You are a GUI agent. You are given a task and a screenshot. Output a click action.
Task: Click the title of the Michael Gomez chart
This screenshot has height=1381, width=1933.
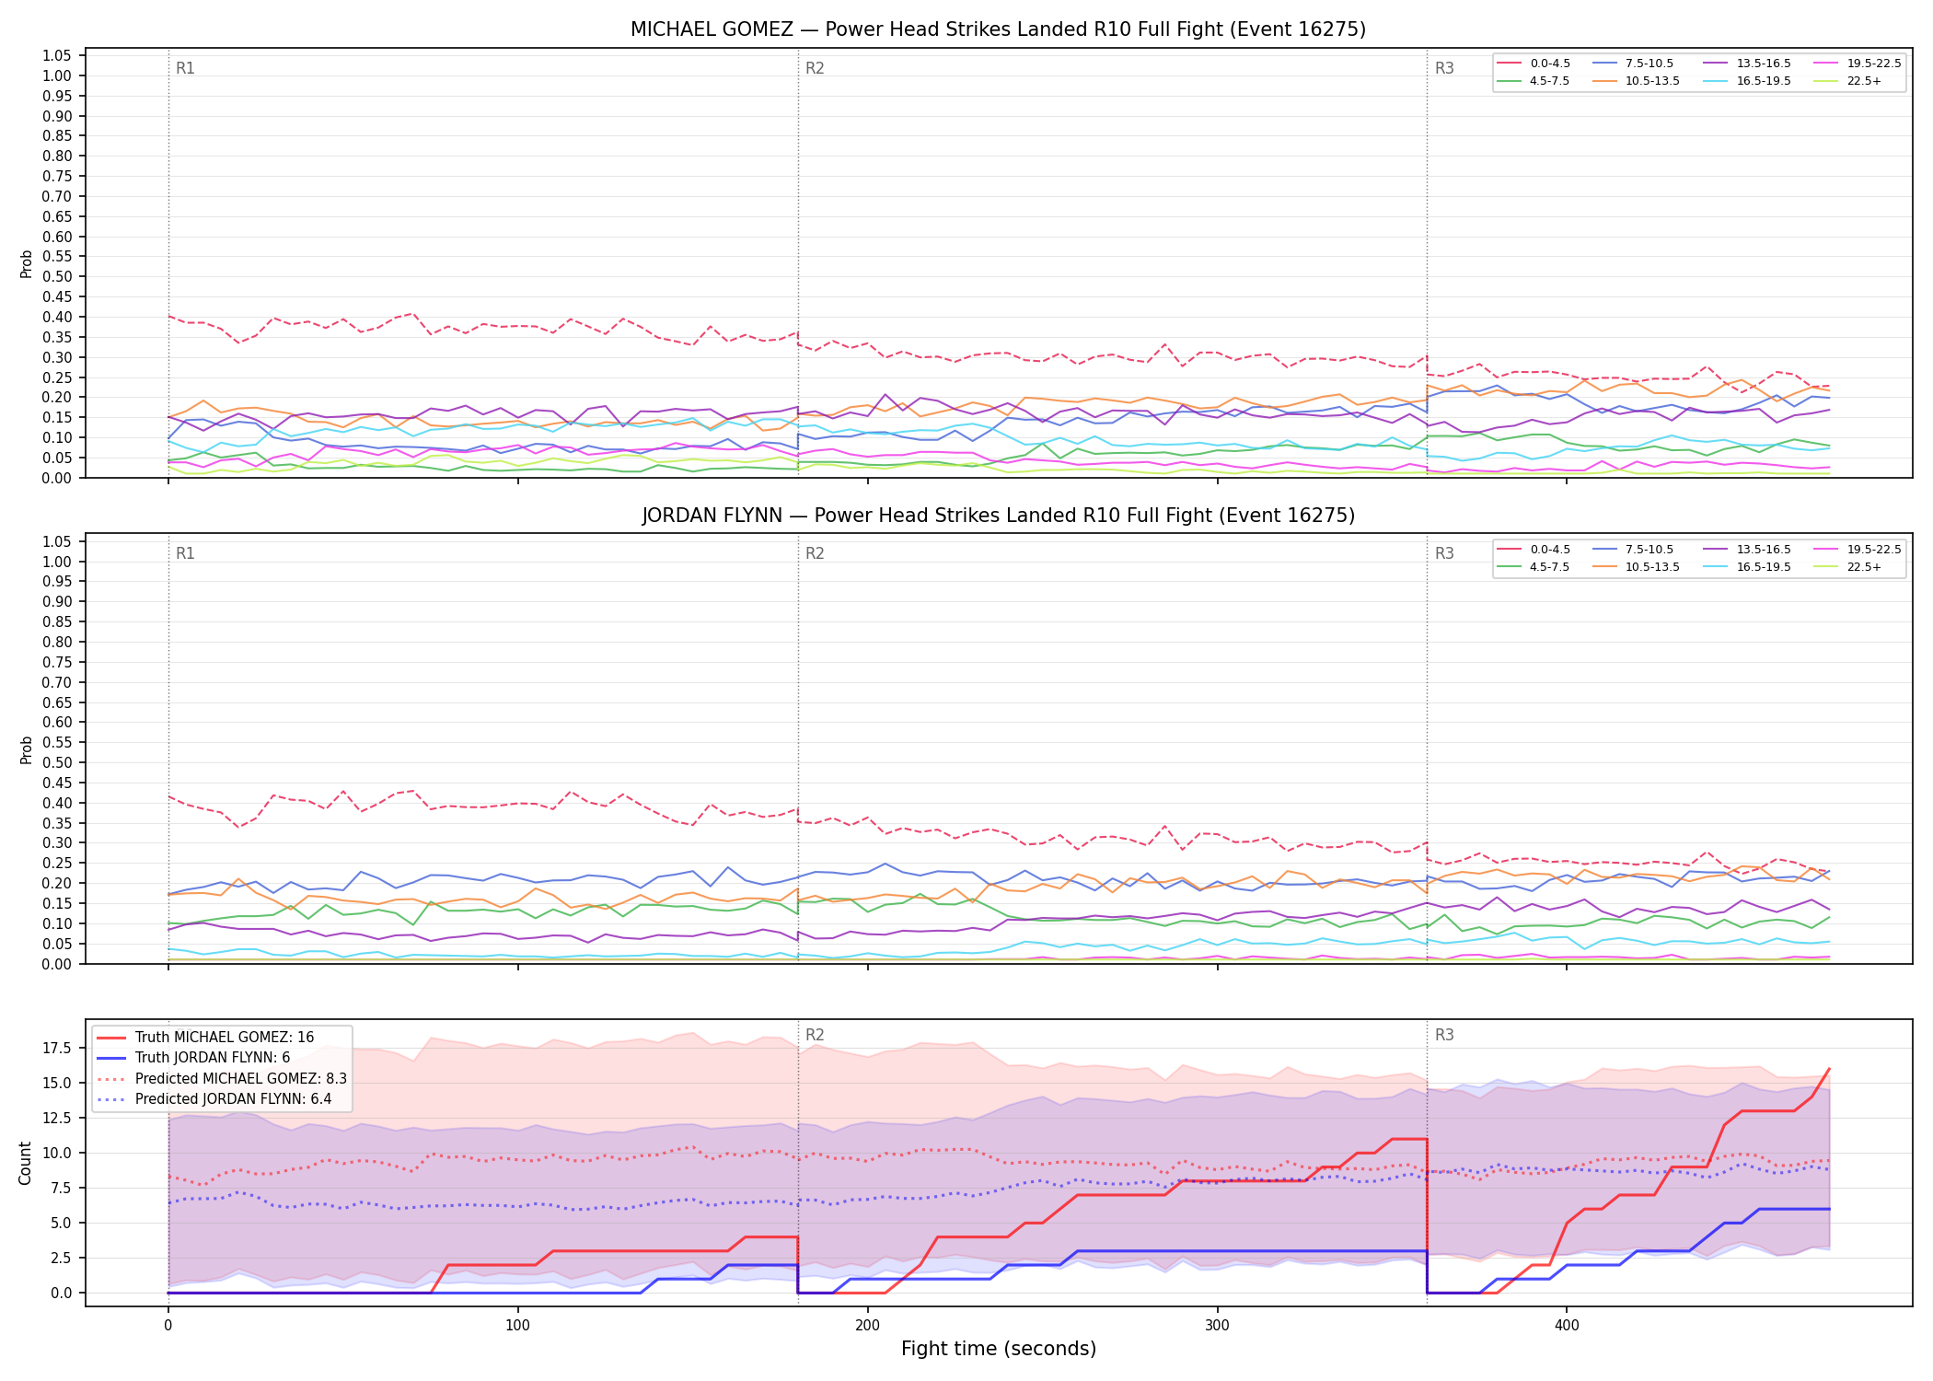click(x=998, y=29)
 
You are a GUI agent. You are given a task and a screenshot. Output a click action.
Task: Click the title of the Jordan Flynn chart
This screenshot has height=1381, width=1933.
click(x=998, y=516)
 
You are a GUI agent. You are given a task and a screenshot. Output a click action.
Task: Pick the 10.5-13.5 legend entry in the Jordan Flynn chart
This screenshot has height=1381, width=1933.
click(x=1638, y=567)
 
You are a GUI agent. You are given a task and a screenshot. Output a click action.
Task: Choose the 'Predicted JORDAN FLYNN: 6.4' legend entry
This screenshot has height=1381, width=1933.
click(x=222, y=1098)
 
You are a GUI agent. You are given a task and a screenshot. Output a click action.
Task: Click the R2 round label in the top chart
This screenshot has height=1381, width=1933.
click(x=815, y=68)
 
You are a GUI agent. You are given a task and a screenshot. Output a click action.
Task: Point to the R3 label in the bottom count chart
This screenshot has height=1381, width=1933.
click(x=1444, y=1035)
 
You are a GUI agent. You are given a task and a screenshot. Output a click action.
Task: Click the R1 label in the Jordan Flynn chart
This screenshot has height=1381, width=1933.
click(x=185, y=553)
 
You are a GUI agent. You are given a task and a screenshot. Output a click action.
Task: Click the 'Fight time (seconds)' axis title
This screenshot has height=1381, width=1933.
click(x=999, y=1349)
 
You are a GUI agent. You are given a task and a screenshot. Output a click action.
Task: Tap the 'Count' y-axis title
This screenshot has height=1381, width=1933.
click(x=25, y=1163)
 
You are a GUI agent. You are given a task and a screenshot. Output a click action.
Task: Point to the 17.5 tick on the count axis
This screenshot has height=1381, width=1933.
click(x=59, y=1048)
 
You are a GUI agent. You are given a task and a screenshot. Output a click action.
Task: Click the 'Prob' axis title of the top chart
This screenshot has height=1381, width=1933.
click(x=26, y=264)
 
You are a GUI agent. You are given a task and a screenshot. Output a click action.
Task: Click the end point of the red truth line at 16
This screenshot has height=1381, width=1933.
click(x=1829, y=1069)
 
